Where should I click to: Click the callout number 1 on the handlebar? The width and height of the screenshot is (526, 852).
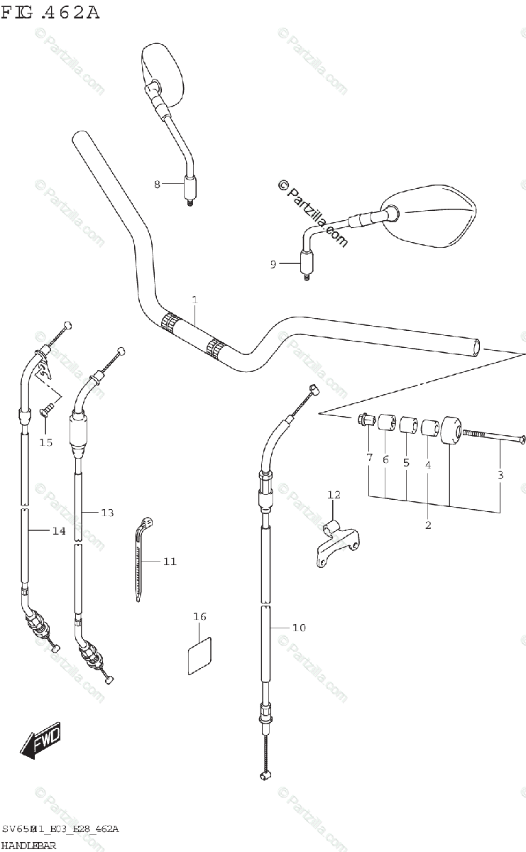point(194,300)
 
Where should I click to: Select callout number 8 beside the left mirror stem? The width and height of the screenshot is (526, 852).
point(158,185)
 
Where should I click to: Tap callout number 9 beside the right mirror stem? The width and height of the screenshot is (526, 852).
point(273,264)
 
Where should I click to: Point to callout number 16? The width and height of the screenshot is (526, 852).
point(200,616)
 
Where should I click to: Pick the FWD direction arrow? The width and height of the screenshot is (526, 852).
point(40,741)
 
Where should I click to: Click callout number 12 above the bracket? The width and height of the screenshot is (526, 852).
point(334,494)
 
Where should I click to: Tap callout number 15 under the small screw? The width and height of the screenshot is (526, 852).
point(45,443)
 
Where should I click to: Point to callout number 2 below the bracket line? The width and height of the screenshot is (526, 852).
point(428,525)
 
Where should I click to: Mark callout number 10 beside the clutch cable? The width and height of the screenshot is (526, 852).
point(298,628)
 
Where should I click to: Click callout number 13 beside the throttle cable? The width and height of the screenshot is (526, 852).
point(106,513)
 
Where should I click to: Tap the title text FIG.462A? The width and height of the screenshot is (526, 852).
point(50,12)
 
